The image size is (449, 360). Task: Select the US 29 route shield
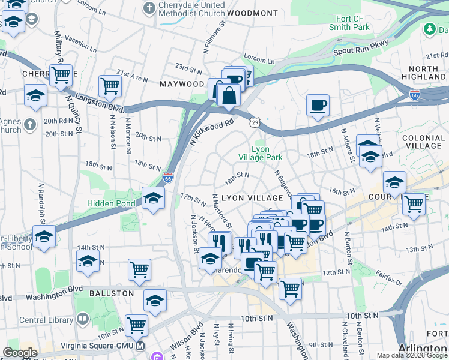pyautogui.click(x=255, y=122)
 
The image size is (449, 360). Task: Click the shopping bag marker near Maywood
pyautogui.click(x=229, y=95)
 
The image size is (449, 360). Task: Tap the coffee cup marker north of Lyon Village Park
pyautogui.click(x=318, y=106)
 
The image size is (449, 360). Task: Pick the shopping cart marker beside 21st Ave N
pyautogui.click(x=110, y=86)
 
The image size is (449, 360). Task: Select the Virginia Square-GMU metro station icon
pyautogui.click(x=140, y=346)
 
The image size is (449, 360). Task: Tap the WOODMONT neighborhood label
pyautogui.click(x=253, y=13)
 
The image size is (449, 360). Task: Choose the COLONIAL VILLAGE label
pyautogui.click(x=423, y=142)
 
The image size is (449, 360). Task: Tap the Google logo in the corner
pyautogui.click(x=20, y=353)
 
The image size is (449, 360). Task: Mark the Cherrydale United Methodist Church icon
pyautogui.click(x=149, y=8)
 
